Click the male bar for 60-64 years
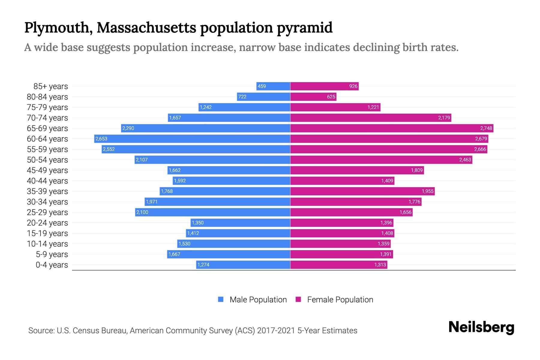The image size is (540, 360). coord(192,139)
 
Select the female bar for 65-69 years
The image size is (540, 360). coord(391,128)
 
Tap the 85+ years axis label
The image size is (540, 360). coord(50,86)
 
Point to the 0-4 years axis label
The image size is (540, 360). coord(52,265)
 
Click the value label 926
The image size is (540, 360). coord(353,86)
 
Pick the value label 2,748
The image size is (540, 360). coord(486,128)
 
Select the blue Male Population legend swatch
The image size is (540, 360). coord(221,299)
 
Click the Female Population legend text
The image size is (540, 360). coord(340,300)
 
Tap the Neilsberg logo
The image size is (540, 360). coord(481,327)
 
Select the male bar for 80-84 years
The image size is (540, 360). coord(263,97)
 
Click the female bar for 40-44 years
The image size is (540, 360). coord(342,181)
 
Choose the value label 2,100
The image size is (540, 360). coord(142,212)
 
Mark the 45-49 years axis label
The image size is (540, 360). coord(47,170)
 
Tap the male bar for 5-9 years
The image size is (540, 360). coord(229,254)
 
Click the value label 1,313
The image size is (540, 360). coord(380,265)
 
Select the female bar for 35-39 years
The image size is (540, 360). coord(362,191)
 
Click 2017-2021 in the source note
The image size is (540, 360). coord(276,331)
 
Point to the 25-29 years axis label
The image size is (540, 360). coord(47,212)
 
